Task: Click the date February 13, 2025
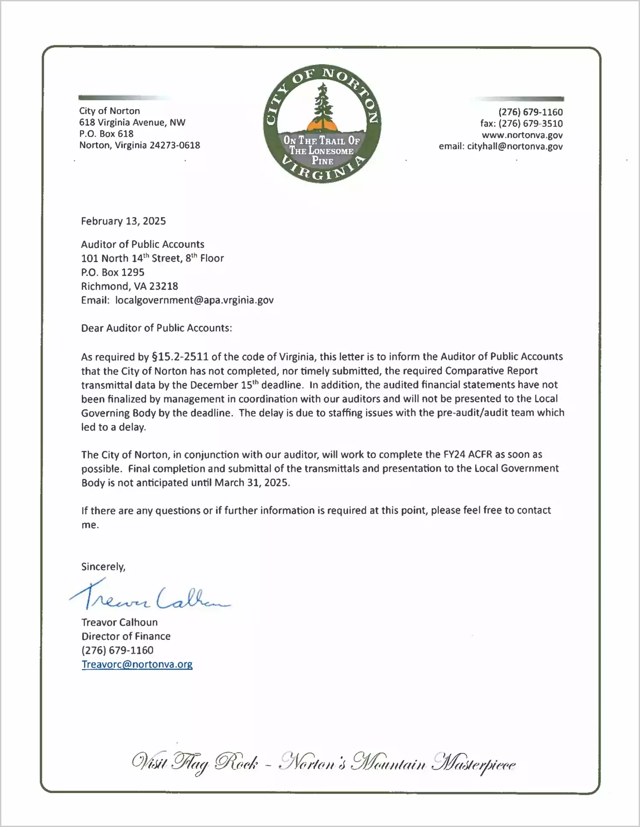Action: click(123, 221)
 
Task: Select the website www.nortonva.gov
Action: click(522, 135)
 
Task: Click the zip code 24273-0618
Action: click(175, 145)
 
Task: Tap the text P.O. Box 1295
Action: click(113, 272)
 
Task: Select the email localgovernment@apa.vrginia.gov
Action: click(194, 300)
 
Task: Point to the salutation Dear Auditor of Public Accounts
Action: click(156, 328)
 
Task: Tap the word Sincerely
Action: click(103, 567)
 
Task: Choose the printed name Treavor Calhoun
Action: click(120, 622)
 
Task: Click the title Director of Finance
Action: click(126, 636)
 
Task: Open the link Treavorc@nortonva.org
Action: click(137, 664)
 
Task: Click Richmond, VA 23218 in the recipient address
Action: click(129, 286)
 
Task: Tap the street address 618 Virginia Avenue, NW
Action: click(132, 122)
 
